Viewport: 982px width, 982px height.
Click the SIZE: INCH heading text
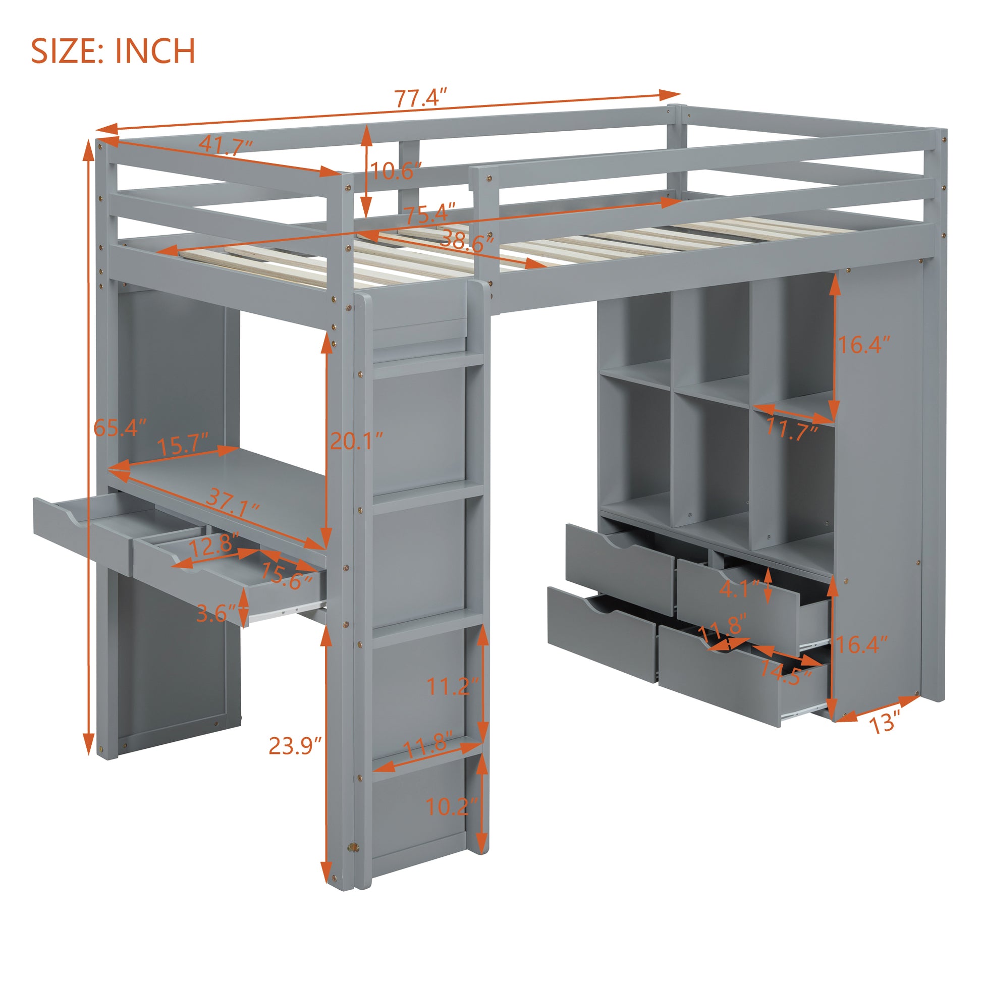coord(113,51)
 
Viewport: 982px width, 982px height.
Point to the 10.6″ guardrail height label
coord(396,171)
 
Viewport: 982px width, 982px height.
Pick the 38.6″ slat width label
coord(467,239)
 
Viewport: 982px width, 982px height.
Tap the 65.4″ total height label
coord(120,428)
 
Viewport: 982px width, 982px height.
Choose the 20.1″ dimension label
coord(356,441)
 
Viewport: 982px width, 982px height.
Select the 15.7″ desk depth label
coord(183,445)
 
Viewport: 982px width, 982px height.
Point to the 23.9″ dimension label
coord(295,746)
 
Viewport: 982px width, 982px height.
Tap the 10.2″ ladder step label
coord(452,806)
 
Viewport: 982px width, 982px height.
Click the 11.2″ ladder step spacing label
coord(452,687)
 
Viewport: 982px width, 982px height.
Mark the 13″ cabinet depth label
coord(885,722)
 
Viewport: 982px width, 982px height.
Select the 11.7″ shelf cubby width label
coord(791,430)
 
